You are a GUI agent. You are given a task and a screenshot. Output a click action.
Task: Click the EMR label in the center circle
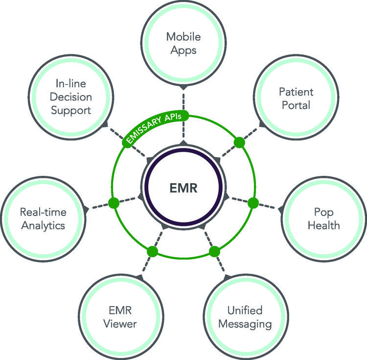tap(184, 188)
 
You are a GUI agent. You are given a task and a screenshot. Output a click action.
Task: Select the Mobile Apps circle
tap(183, 43)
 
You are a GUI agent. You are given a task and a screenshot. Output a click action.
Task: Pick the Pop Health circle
tap(326, 219)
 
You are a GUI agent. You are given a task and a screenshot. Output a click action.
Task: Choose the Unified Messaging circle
tap(245, 316)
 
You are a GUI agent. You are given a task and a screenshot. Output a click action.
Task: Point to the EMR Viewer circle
tap(122, 316)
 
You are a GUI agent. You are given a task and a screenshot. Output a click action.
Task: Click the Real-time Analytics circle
tap(43, 219)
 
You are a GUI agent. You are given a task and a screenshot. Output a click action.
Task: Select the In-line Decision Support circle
tap(67, 98)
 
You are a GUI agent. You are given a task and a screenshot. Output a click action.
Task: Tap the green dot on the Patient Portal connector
tap(239, 143)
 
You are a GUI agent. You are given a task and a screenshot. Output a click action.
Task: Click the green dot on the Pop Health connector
tap(252, 202)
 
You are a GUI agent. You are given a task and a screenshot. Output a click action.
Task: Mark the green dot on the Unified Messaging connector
tap(214, 251)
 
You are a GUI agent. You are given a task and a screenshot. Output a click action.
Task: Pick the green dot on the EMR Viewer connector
tap(152, 251)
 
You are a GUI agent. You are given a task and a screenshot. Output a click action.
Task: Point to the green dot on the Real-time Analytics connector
tap(114, 202)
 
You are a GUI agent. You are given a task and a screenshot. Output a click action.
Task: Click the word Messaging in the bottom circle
tap(245, 324)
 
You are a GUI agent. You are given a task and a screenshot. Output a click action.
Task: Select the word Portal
tap(296, 105)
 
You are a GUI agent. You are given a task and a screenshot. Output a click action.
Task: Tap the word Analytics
tap(43, 226)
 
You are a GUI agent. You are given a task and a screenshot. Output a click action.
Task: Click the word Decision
tap(67, 98)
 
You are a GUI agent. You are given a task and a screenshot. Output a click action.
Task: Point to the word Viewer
tap(122, 324)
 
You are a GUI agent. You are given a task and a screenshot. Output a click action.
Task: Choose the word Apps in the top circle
tap(183, 49)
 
